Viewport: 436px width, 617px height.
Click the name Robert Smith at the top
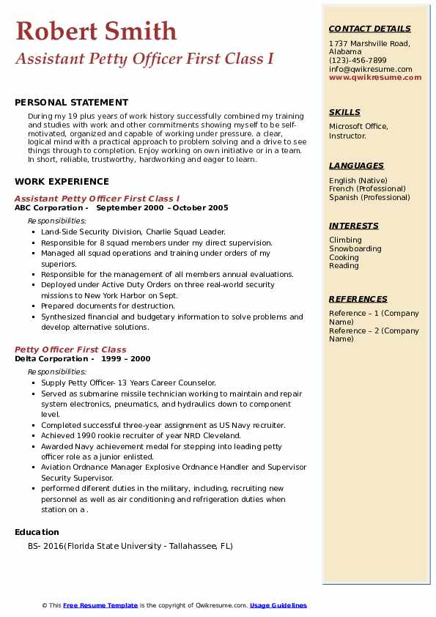(96, 31)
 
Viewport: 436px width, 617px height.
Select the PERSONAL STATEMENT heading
(71, 103)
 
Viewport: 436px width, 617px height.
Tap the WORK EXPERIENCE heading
(62, 181)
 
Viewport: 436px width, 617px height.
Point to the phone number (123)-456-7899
(358, 60)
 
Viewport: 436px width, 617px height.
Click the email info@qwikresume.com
(370, 69)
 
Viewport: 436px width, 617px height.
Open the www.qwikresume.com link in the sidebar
(375, 77)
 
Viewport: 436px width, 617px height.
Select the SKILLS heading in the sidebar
(344, 112)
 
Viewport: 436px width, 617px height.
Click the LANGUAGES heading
(356, 166)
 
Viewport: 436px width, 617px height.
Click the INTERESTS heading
(354, 226)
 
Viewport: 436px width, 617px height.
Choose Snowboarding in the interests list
(355, 248)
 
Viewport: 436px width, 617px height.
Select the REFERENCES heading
(358, 299)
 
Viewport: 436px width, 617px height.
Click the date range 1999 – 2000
(126, 358)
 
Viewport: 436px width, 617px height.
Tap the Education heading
(37, 532)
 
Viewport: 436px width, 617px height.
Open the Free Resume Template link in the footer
(100, 605)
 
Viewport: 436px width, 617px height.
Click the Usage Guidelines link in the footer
(278, 605)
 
